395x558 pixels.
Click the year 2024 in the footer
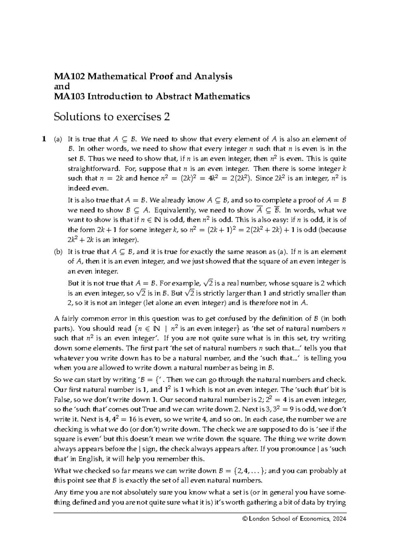[339, 519]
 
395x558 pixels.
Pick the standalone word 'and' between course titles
[62, 87]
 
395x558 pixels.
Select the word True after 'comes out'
[149, 410]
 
